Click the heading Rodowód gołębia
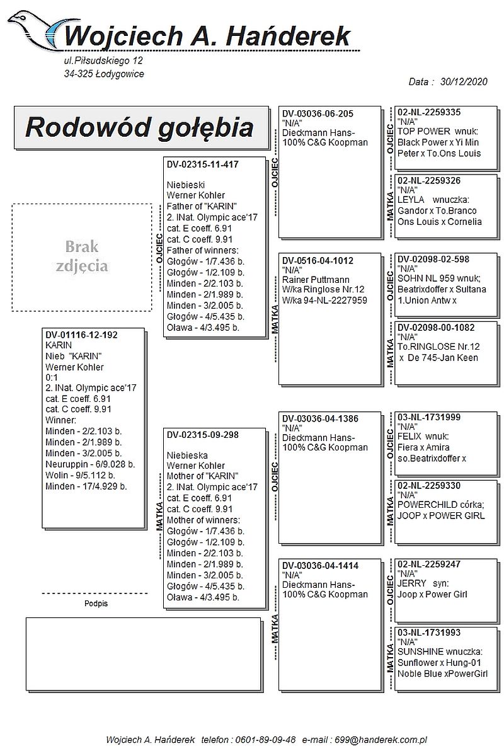(x=140, y=127)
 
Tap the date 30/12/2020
(x=464, y=82)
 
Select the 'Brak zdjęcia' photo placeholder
(x=82, y=257)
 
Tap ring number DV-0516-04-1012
(x=318, y=261)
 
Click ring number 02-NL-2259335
(x=429, y=112)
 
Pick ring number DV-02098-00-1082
(x=436, y=328)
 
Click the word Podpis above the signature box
(x=96, y=604)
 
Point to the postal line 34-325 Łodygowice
(x=104, y=74)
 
